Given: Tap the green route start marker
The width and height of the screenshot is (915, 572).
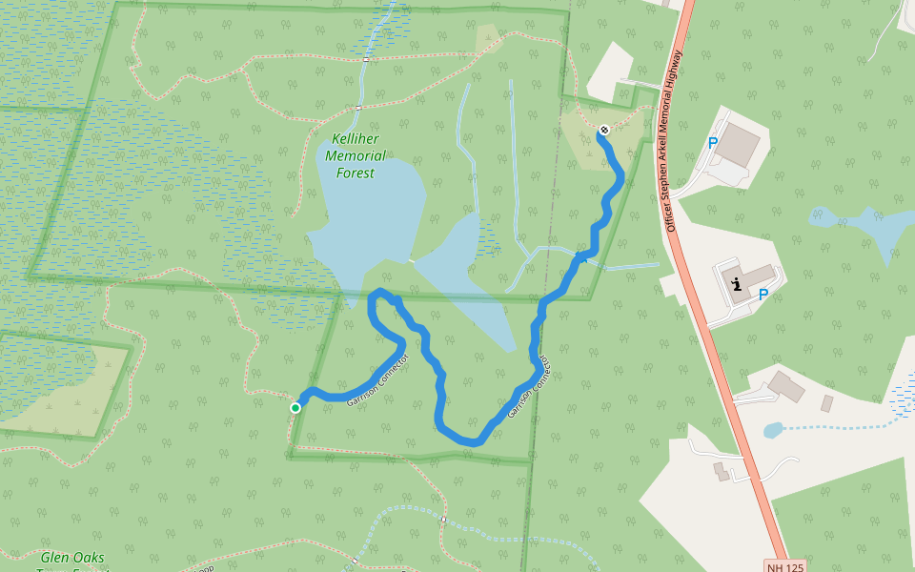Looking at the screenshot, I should point(295,408).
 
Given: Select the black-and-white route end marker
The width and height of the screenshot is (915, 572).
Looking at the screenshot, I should point(603,130).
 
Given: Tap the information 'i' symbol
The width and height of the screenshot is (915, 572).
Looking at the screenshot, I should point(737,283).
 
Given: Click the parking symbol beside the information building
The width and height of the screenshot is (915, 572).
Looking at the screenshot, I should point(762,296).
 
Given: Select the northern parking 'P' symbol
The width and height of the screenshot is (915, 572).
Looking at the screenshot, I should point(712,143).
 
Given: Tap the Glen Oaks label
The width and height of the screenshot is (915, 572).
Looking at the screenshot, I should point(72,558).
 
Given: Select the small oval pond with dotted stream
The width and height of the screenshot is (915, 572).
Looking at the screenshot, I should point(773,430).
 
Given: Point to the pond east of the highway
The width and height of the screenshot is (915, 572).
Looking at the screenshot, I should point(863,227).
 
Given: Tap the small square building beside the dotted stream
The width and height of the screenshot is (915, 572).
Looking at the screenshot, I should point(826,403).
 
